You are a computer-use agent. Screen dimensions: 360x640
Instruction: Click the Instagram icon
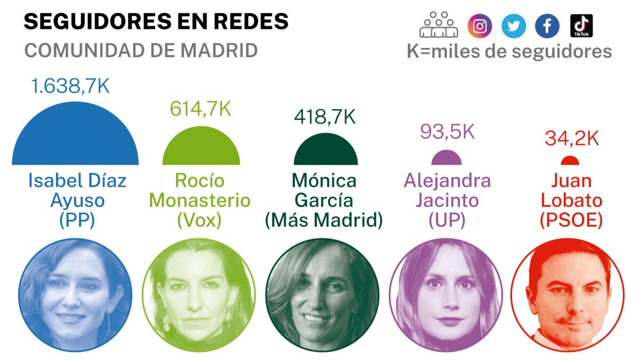(x=480, y=26)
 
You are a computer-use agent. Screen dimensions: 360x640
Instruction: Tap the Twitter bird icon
(x=514, y=26)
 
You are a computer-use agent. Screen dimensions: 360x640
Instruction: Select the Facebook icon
(x=547, y=26)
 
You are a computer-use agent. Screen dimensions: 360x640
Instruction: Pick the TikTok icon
(x=581, y=26)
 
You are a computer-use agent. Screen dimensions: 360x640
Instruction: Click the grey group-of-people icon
(x=439, y=25)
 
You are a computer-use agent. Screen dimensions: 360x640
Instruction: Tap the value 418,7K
(x=325, y=117)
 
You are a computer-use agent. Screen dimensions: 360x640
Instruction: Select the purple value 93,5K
(x=447, y=131)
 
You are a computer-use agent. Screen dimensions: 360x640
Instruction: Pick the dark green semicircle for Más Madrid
(x=326, y=153)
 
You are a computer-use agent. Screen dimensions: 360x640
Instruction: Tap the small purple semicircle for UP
(x=446, y=159)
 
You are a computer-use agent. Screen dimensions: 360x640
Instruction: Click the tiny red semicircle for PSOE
(x=570, y=161)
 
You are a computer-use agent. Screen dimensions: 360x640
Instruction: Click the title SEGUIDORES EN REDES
(x=156, y=21)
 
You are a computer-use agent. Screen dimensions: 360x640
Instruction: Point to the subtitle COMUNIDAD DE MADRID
(x=141, y=50)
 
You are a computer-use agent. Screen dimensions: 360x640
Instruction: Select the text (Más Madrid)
(x=324, y=220)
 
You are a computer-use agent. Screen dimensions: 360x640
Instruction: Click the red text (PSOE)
(x=571, y=220)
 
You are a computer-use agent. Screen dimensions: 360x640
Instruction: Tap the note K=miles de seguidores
(x=509, y=51)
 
